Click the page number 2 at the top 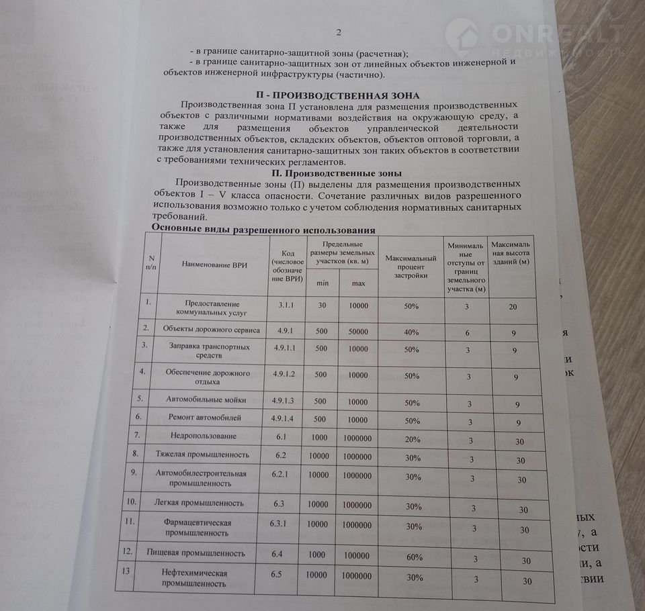pyautogui.click(x=339, y=32)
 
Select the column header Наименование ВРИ pyautogui.click(x=214, y=265)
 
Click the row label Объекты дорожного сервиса pyautogui.click(x=206, y=329)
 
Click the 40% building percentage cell pyautogui.click(x=412, y=332)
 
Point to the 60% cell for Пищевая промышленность pyautogui.click(x=415, y=557)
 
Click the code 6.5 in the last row pyautogui.click(x=280, y=575)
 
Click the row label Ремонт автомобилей pyautogui.click(x=202, y=418)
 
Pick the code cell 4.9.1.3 pyautogui.click(x=288, y=400)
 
